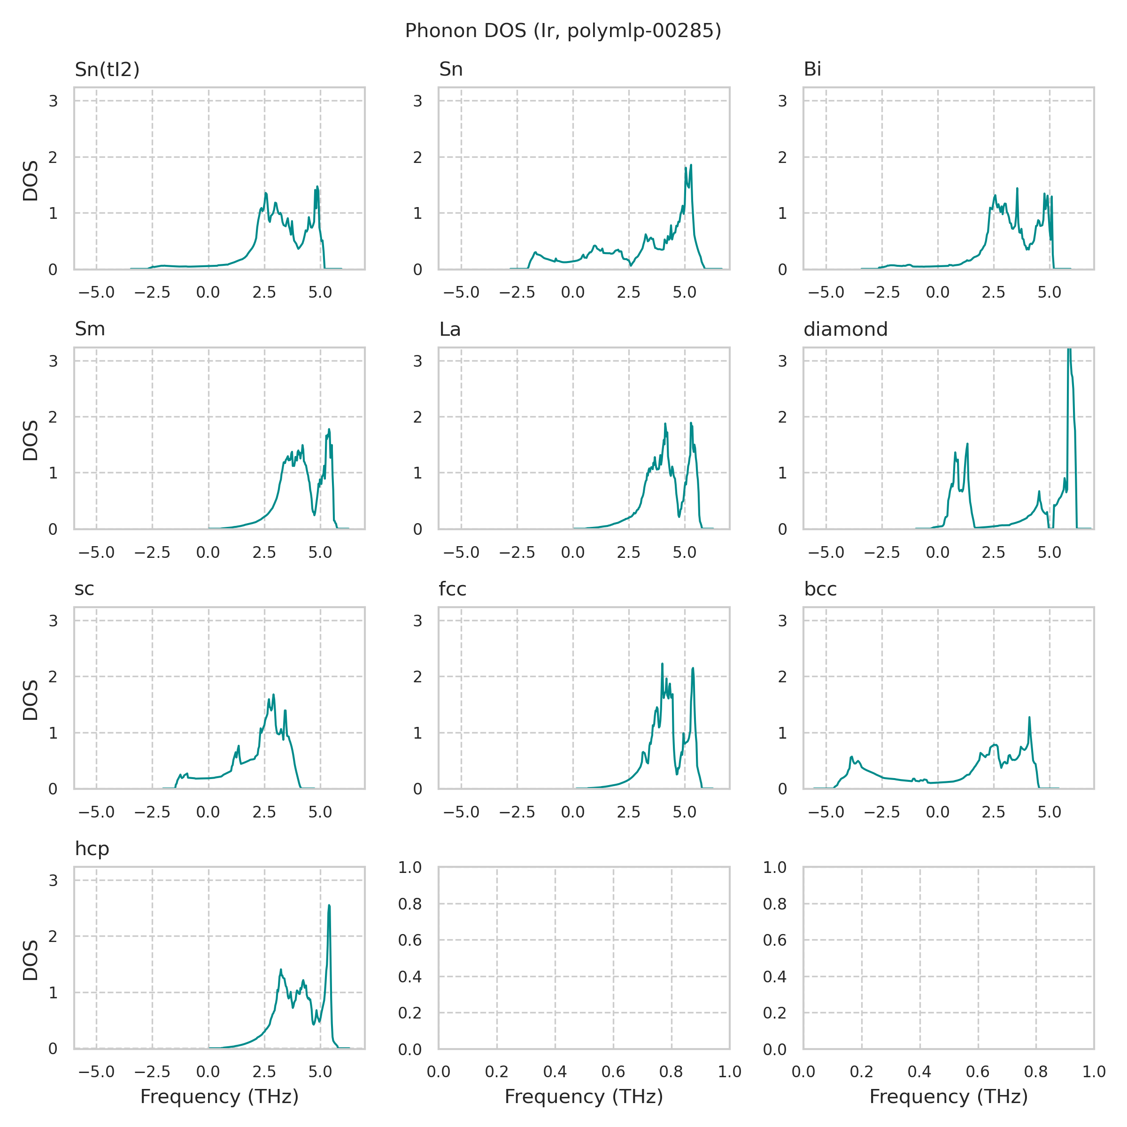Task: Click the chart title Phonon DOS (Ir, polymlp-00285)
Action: (x=563, y=31)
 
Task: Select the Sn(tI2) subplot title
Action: (x=108, y=69)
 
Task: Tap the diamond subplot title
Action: (x=845, y=330)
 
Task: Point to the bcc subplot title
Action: (x=820, y=589)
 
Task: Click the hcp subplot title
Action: (x=92, y=849)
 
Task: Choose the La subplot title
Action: (x=450, y=330)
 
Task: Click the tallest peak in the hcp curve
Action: (x=330, y=906)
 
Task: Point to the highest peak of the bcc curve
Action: (x=1029, y=718)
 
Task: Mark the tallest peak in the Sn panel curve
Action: (x=691, y=165)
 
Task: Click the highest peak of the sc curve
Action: (x=274, y=695)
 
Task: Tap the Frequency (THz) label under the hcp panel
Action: (x=219, y=1096)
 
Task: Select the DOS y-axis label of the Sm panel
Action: (x=31, y=440)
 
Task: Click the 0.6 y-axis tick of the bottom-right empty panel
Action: (x=775, y=940)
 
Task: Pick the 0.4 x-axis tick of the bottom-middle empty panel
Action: (x=555, y=1072)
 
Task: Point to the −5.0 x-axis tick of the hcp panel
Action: (x=96, y=1072)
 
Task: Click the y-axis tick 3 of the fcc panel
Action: (x=417, y=621)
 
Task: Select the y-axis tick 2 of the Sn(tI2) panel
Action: (x=53, y=157)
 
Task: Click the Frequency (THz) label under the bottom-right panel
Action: (x=949, y=1096)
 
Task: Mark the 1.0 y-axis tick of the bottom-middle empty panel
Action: (x=409, y=868)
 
